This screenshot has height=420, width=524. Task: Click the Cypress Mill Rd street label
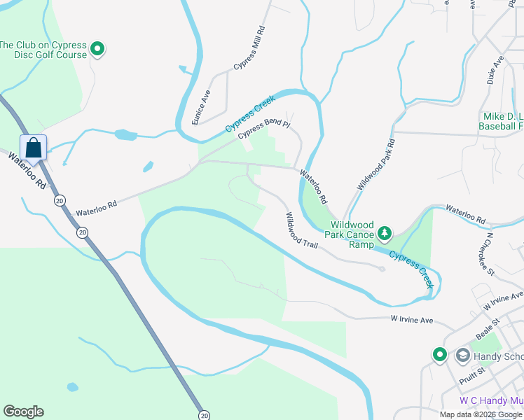click(251, 48)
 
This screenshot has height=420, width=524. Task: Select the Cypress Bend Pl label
click(263, 129)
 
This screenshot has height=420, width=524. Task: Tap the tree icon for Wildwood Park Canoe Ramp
click(384, 232)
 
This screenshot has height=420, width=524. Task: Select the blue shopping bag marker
click(33, 148)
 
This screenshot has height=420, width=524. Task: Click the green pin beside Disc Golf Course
click(98, 50)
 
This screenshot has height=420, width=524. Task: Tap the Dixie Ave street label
click(497, 71)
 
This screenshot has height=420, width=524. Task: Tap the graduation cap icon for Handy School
click(462, 356)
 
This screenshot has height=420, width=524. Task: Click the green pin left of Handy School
click(439, 355)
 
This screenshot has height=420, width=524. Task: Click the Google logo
click(23, 412)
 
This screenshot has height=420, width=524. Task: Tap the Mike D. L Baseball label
click(501, 121)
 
